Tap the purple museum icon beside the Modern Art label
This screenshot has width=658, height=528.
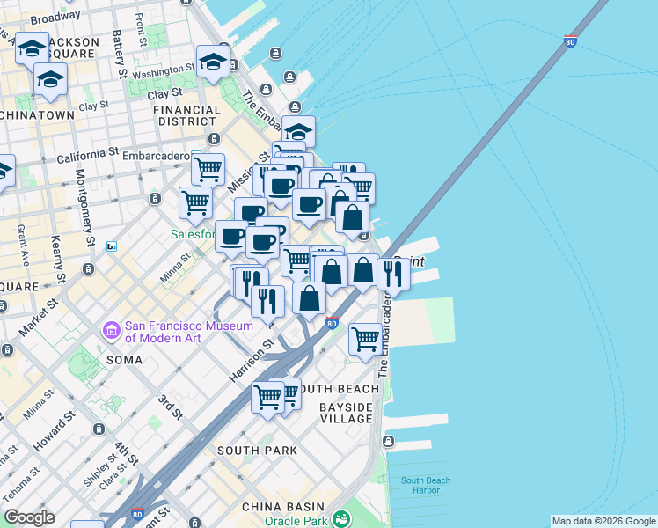click(113, 330)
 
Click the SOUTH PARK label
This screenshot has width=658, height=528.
click(256, 451)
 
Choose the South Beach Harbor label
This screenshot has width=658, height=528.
click(425, 485)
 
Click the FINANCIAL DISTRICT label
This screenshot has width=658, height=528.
click(186, 116)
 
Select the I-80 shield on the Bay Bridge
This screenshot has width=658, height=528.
click(570, 40)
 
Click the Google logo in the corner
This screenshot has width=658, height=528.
click(29, 517)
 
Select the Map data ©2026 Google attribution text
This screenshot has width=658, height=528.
click(603, 521)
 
